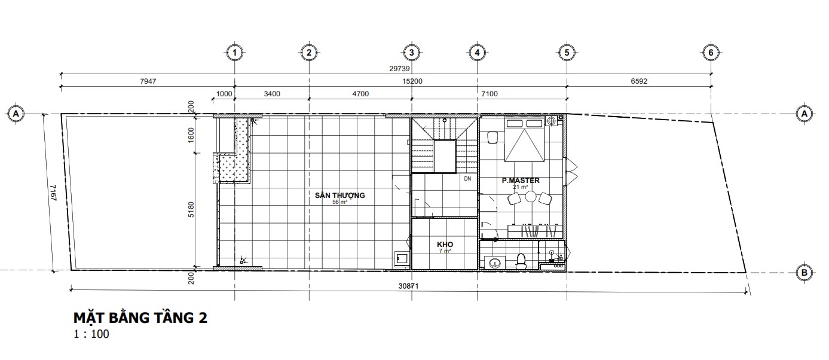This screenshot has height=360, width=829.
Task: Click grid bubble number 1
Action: (234, 53)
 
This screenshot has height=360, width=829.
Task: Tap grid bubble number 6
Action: (711, 53)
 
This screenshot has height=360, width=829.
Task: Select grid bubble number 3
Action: (412, 53)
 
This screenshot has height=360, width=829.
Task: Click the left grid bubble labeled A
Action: (16, 114)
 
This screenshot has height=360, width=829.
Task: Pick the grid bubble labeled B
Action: (804, 273)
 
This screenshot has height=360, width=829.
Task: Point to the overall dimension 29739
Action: (399, 69)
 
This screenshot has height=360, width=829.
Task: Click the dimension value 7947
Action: (148, 81)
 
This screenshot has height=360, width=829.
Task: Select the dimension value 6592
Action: (639, 81)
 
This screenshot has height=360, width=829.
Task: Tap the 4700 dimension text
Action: (360, 94)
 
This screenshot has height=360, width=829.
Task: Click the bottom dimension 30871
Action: (409, 286)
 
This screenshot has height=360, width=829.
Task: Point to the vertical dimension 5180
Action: (191, 210)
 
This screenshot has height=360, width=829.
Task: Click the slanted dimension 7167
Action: (53, 193)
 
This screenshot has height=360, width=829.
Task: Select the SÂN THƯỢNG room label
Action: (339, 195)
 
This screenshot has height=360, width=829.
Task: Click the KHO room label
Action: (445, 245)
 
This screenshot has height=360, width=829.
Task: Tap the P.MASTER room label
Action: (521, 181)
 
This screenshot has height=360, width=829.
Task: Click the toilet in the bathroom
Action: (521, 261)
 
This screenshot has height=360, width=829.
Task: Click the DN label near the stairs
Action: (467, 179)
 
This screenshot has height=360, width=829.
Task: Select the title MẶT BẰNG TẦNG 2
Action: (140, 318)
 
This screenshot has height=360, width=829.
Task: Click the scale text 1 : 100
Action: (91, 334)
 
